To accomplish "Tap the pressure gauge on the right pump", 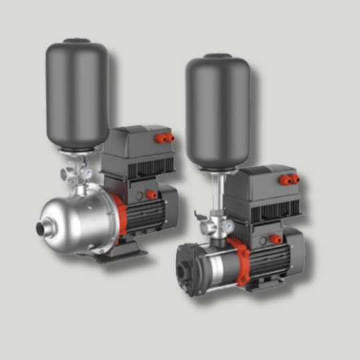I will [229, 227].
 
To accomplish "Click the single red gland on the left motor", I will [151, 195].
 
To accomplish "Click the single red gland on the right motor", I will [275, 239].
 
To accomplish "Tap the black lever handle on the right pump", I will [199, 215].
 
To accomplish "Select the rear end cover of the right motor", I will [300, 250].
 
